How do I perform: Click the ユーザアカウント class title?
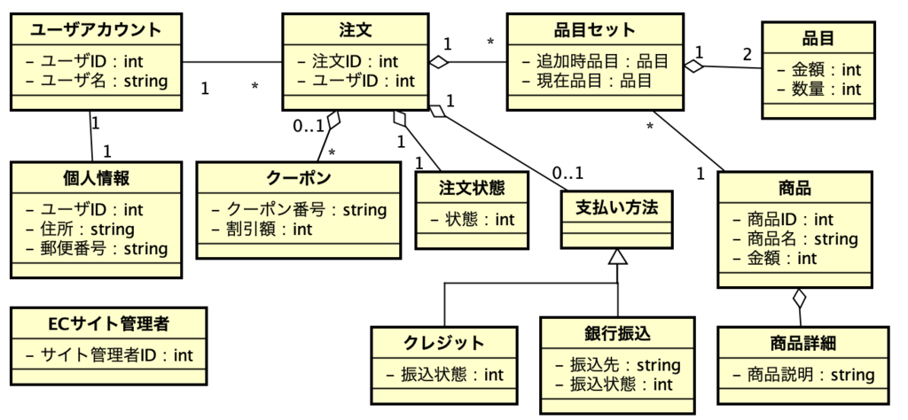[x=97, y=30]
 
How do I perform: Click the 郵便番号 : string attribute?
[x=97, y=249]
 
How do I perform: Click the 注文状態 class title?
[x=471, y=188]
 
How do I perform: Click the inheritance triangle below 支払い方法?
[x=617, y=257]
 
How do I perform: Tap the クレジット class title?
[x=444, y=343]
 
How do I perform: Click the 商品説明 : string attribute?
[x=802, y=375]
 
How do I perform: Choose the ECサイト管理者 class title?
[x=109, y=325]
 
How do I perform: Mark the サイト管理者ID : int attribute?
[x=109, y=355]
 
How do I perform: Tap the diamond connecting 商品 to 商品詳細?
[x=801, y=298]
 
